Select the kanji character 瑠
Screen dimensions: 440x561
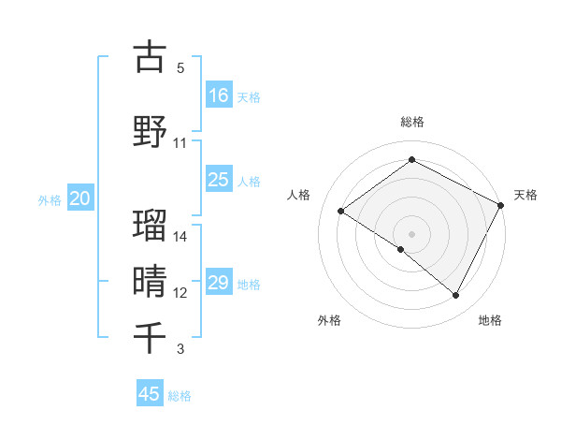point(150,225)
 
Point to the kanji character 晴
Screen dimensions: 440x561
point(150,280)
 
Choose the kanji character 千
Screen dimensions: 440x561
point(150,336)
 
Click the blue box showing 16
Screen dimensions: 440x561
point(219,95)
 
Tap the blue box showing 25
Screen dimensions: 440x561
point(219,180)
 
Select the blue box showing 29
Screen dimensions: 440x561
point(219,283)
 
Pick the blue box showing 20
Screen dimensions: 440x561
point(80,198)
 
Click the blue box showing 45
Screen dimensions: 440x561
point(150,394)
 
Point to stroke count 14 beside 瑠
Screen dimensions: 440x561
point(180,236)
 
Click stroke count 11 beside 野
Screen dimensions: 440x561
point(180,142)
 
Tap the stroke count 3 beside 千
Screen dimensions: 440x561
point(180,349)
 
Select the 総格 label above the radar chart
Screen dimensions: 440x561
point(411,122)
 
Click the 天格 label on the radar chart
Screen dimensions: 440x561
point(525,195)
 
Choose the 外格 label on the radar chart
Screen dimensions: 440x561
point(329,320)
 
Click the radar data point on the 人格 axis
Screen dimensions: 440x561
point(341,211)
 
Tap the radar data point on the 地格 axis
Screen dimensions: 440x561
point(456,296)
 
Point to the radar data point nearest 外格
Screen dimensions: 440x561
point(401,249)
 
